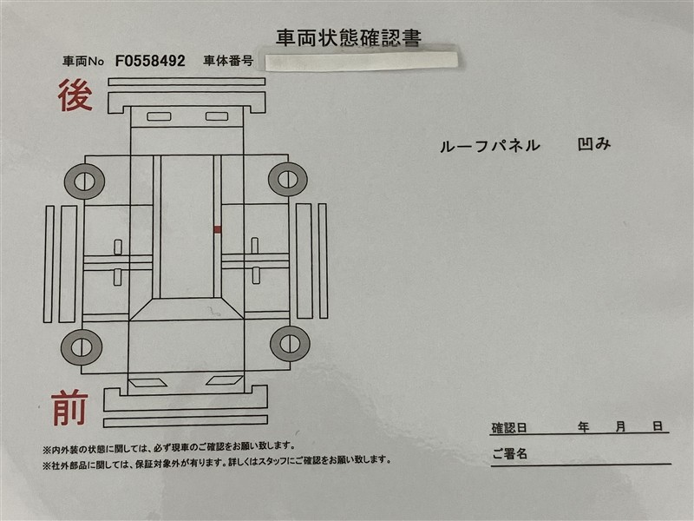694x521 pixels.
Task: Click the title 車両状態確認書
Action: coord(349,37)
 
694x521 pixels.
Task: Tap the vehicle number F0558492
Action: coord(150,61)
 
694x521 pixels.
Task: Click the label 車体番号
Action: coord(228,61)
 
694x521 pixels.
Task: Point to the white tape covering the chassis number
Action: coord(362,61)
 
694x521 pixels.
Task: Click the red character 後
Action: coord(75,96)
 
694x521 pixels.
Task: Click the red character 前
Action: coord(69,407)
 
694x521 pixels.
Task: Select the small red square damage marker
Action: coord(218,229)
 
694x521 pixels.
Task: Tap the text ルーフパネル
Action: coord(489,146)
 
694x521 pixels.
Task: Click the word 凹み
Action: coord(594,144)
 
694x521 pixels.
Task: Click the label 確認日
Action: coord(509,428)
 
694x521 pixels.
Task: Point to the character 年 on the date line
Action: coord(583,427)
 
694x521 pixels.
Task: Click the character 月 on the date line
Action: coord(620,426)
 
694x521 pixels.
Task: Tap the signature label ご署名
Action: coord(510,453)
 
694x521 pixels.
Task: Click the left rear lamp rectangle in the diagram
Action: coord(159,116)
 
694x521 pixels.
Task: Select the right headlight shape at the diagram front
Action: coord(224,380)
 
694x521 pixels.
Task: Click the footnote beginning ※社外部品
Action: coord(217,461)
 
